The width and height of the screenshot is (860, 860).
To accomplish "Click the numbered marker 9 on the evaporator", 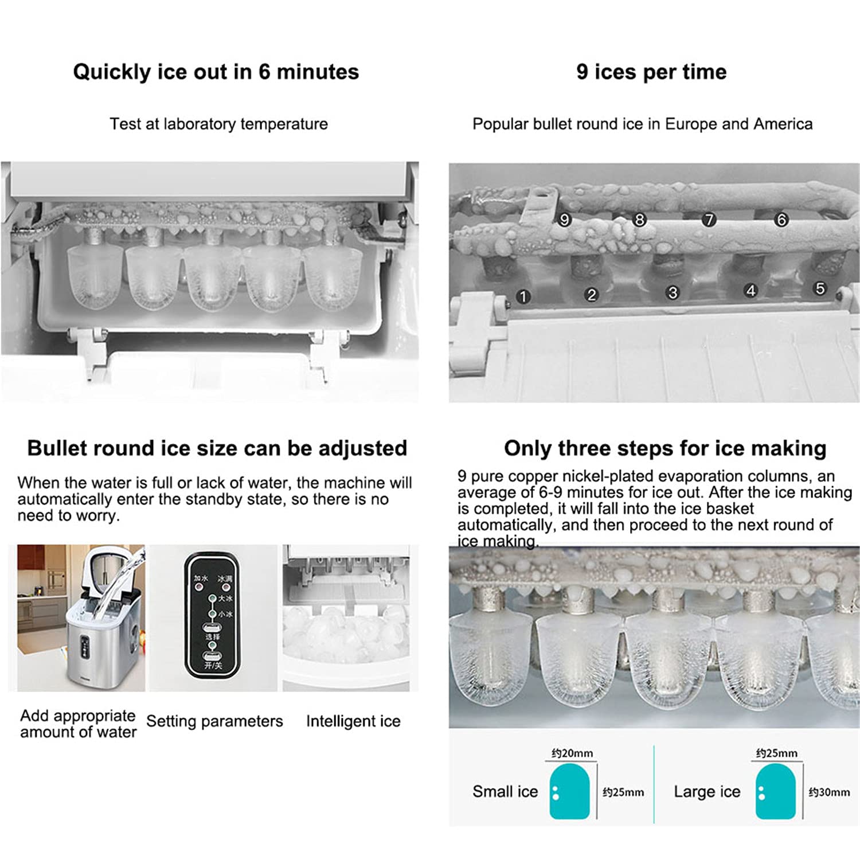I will pos(565,220).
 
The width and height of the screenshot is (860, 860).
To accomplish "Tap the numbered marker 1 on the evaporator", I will pos(522,296).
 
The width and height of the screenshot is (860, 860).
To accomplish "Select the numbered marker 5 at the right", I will pos(820,288).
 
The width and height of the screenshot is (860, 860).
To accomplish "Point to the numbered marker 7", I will pos(709,220).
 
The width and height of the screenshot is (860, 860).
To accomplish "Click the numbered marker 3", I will pos(673,293).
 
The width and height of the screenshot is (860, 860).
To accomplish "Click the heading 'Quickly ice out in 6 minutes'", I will pos(216,72).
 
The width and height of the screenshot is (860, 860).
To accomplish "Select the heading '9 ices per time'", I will pos(651,72).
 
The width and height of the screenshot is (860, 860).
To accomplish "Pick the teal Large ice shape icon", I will pos(775,792).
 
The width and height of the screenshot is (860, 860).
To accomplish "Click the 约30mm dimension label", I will pos(829,792).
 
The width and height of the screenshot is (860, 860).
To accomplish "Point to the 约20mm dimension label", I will pos(572,753).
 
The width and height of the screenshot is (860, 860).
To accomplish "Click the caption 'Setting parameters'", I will pos(214,721).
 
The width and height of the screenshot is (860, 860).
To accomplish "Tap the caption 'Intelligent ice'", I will pos(353,721).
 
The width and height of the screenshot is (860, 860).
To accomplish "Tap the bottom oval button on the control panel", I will pos(212,657).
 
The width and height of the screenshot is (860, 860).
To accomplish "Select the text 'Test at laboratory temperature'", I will pos(218,124).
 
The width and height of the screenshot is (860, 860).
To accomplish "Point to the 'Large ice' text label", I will pos(707,792).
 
